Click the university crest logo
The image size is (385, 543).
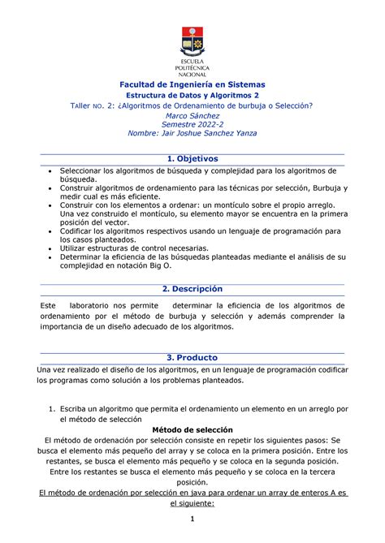coord(192,40)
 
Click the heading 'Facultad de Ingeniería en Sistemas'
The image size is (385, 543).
coord(192,84)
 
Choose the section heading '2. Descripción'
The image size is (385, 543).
coord(192,289)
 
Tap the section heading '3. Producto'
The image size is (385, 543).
coord(192,357)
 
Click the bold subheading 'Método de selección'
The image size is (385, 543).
coord(192,429)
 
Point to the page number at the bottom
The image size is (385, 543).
coord(192,519)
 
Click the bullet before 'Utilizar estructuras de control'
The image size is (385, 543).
coord(52,248)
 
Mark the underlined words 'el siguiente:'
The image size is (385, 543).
coord(192,502)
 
